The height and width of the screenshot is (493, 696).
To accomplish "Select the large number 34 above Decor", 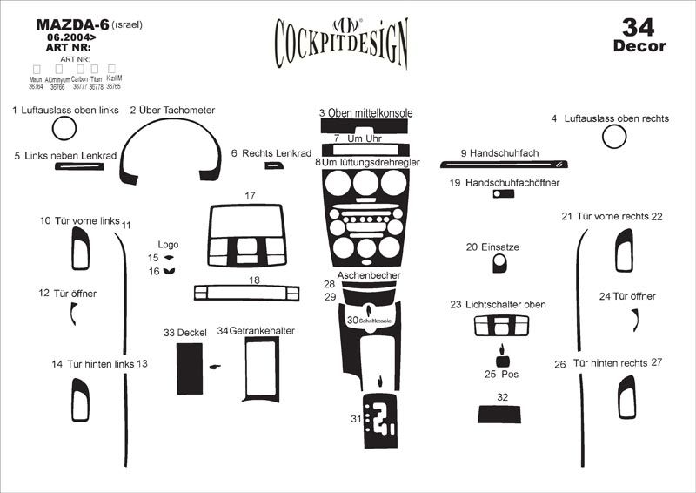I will click(x=639, y=25).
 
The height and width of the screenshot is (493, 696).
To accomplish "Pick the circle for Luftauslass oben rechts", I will click(x=614, y=137).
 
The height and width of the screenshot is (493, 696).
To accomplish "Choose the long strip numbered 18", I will click(x=253, y=291).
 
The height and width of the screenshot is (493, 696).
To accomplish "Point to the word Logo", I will click(x=168, y=245).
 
